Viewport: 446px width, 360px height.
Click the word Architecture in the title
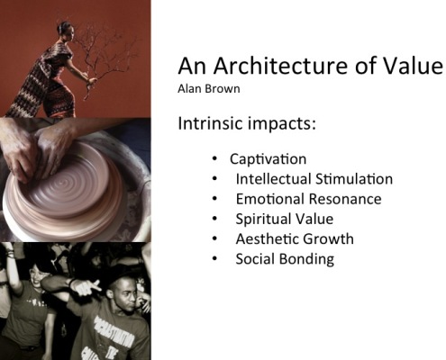click(x=280, y=66)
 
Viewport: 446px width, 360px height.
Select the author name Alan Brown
click(x=209, y=89)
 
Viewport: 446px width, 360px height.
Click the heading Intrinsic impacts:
click(x=247, y=123)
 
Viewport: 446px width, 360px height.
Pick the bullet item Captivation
click(x=268, y=159)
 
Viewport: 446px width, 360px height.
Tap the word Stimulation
click(x=354, y=179)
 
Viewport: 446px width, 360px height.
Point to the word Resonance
click(x=345, y=199)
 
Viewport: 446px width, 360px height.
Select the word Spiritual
click(x=259, y=220)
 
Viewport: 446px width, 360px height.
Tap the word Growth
click(x=328, y=239)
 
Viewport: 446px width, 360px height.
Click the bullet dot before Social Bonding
click(x=214, y=258)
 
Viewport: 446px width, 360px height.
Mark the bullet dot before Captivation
click(x=214, y=158)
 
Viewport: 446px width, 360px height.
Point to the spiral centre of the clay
click(x=64, y=182)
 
